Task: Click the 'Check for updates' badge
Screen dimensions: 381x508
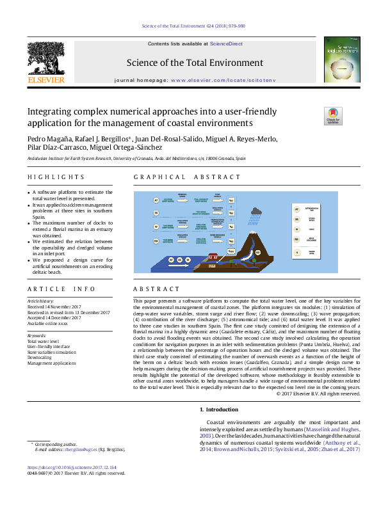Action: click(333, 116)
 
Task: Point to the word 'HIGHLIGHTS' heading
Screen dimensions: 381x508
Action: click(56, 177)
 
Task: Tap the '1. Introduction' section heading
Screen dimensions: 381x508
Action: click(220, 409)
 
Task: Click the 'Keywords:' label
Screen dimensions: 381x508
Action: click(38, 335)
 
